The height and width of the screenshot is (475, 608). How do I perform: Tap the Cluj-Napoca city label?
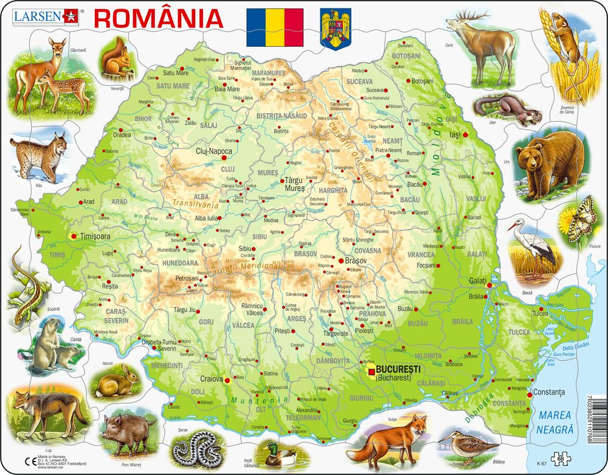(213, 151)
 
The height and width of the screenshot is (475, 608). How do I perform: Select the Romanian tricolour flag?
(274, 28)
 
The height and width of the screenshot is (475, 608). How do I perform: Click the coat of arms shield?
(332, 30)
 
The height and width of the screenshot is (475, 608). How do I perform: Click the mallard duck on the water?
(280, 454)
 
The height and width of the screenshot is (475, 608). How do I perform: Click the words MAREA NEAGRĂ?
(555, 422)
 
